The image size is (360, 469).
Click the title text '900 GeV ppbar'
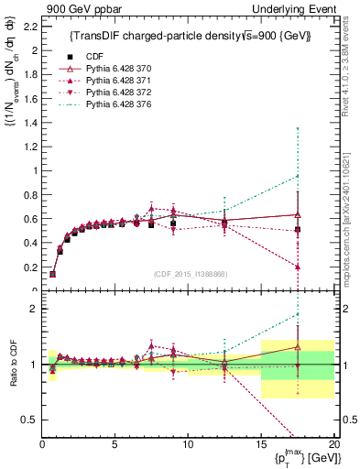pos(76,8)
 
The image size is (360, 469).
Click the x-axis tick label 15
pos(261,444)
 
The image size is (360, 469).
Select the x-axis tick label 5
pos(115,444)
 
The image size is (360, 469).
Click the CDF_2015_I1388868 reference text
pos(188,274)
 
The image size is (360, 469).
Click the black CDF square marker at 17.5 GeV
pos(297,230)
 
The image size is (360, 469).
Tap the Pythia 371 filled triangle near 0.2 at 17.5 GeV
pos(297,267)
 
